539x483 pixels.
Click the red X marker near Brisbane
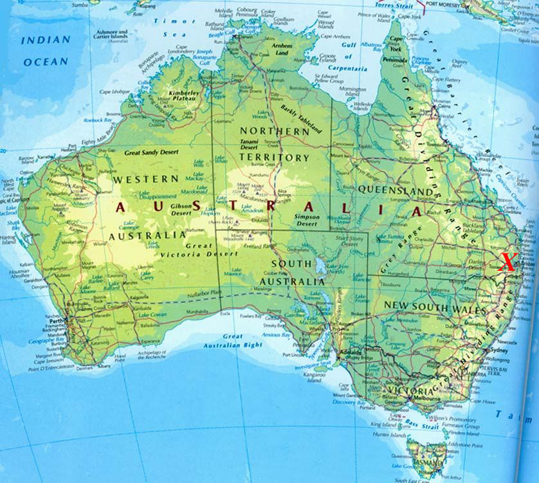coord(508,262)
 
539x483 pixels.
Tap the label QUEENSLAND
coord(395,190)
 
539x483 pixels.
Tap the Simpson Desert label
coord(307,221)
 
